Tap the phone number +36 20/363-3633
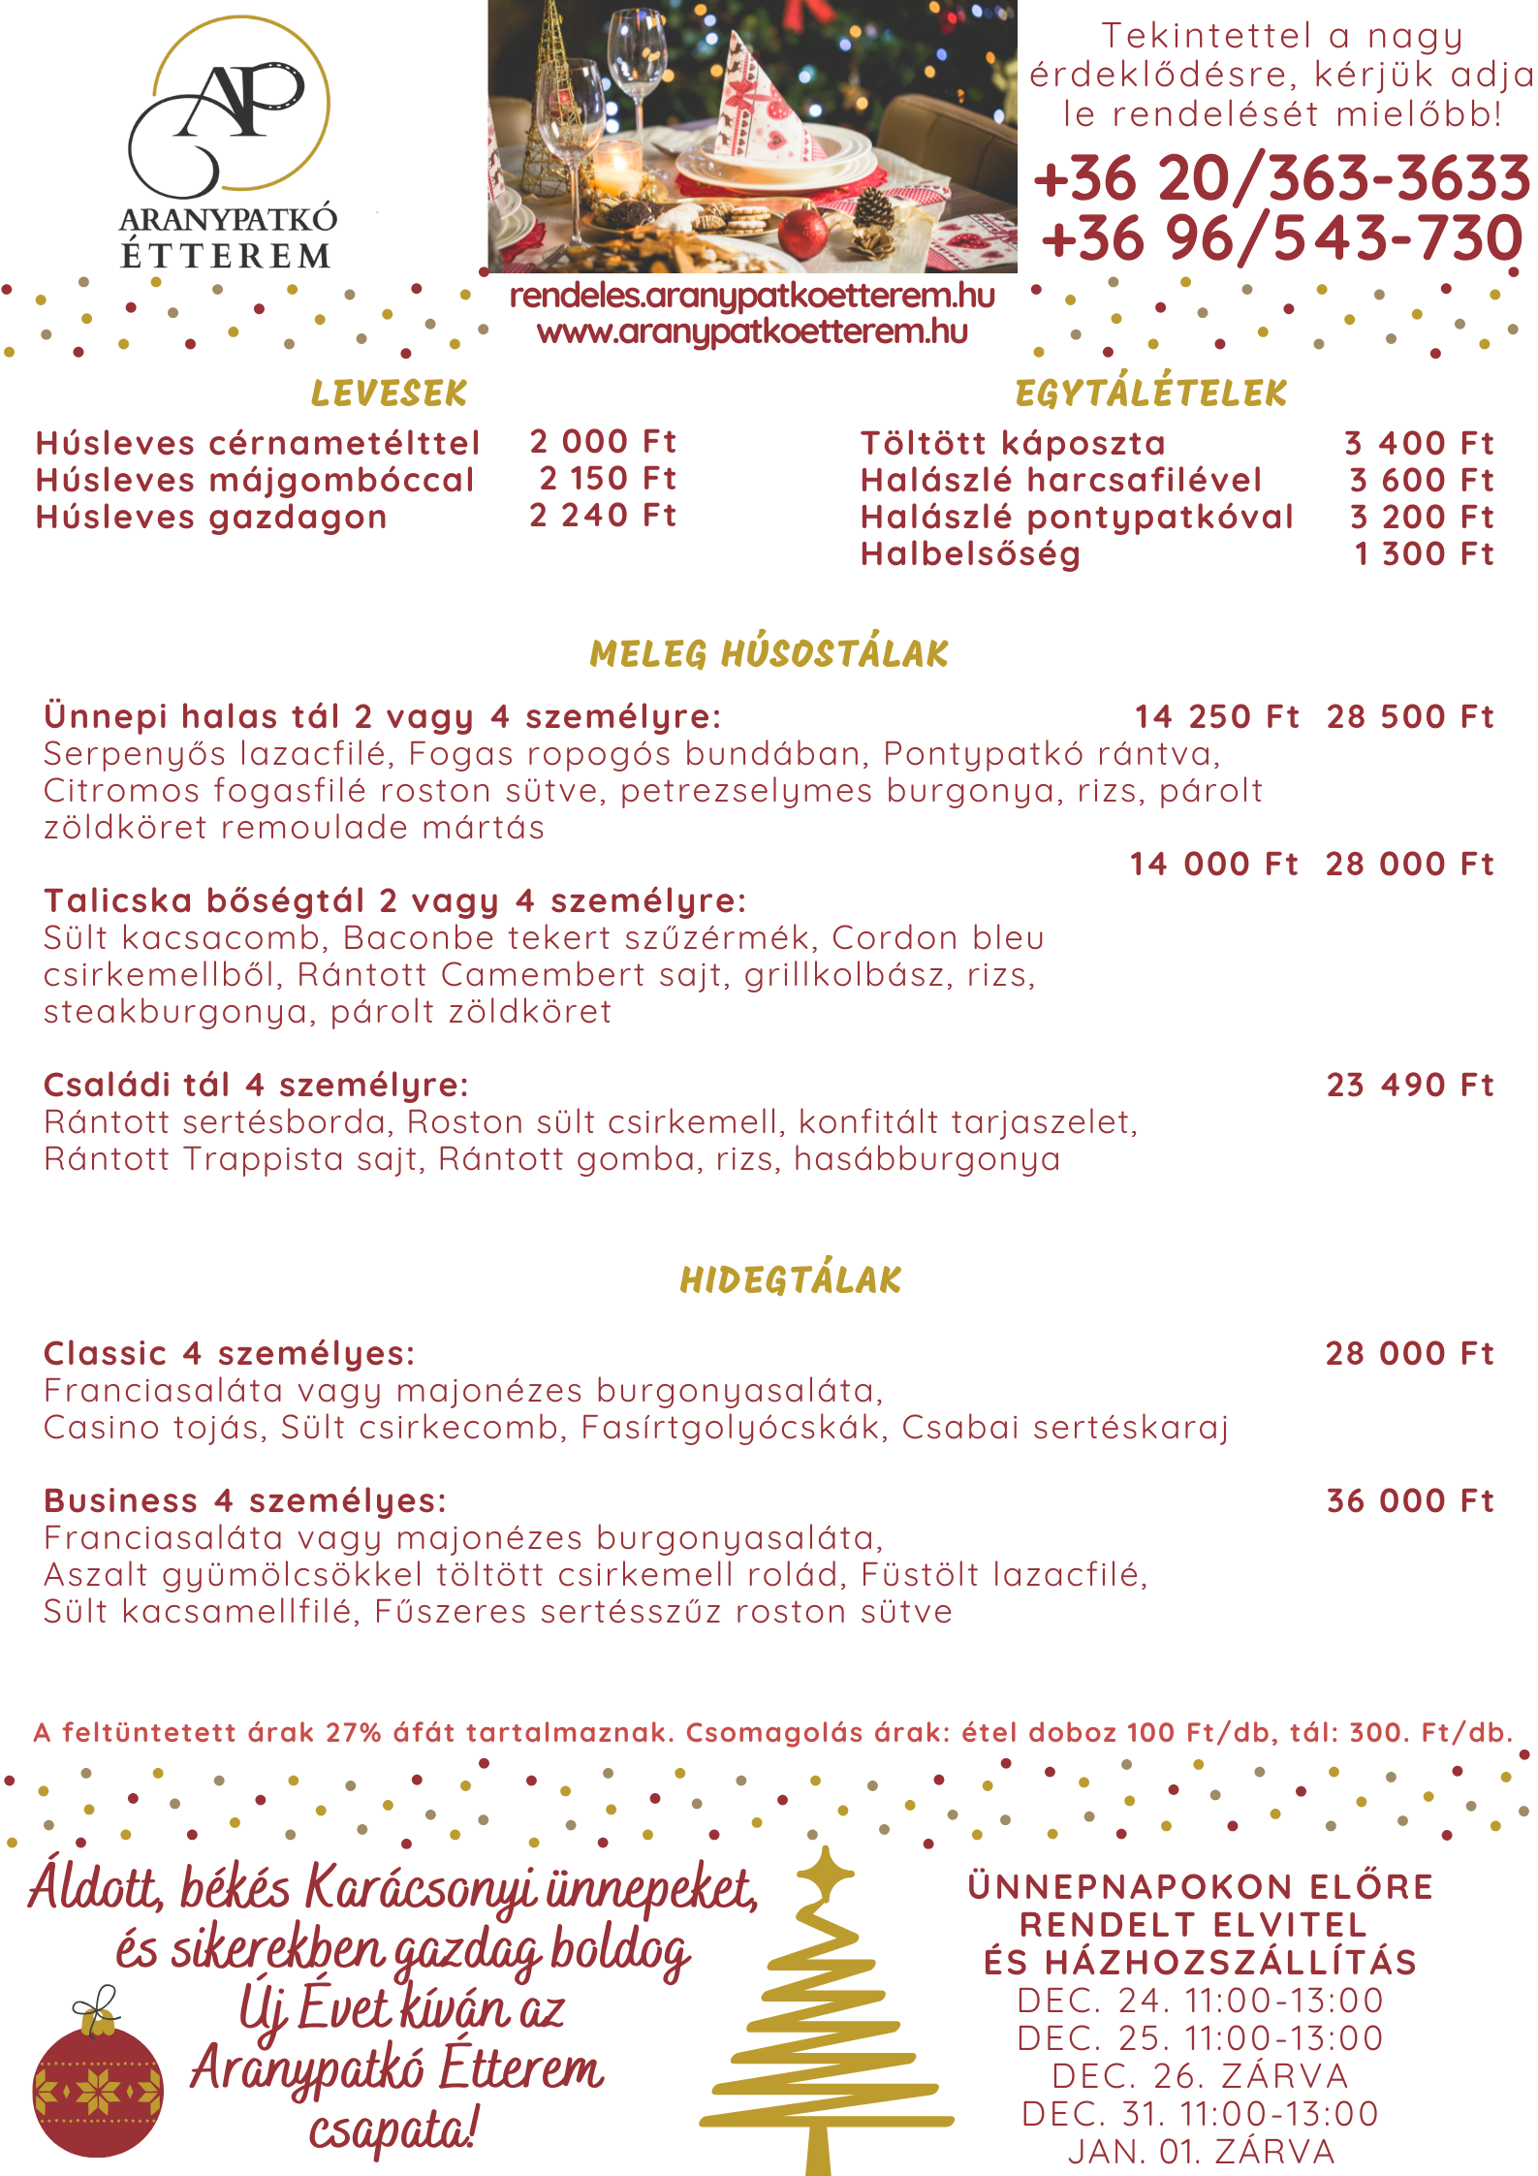pos(1281,178)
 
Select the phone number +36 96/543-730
pos(1281,238)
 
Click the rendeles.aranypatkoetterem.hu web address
pos(752,296)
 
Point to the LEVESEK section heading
pos(389,394)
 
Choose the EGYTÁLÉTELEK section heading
pos(1150,394)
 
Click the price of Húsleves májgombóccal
pos(608,479)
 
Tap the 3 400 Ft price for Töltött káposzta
pos(1419,443)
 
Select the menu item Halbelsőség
pos(970,554)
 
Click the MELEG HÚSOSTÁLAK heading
pos(769,654)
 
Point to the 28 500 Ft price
pos(1410,717)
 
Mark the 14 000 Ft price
pos(1213,864)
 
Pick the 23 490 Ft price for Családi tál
pos(1410,1085)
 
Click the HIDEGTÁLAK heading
pos(791,1280)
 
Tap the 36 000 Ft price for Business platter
pos(1410,1500)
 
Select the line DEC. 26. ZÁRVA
pos(1201,2075)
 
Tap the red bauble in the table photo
pos(803,234)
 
